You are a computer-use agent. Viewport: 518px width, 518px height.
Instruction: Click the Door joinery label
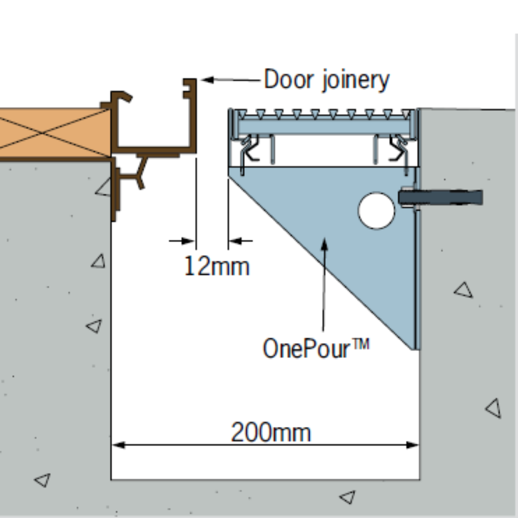click(326, 80)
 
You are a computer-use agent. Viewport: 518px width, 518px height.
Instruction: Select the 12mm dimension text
click(217, 266)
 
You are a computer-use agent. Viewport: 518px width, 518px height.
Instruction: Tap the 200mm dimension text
click(271, 433)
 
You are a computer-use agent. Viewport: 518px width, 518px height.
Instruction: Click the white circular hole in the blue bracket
click(376, 210)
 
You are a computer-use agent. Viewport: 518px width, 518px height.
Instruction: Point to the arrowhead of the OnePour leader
click(324, 244)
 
